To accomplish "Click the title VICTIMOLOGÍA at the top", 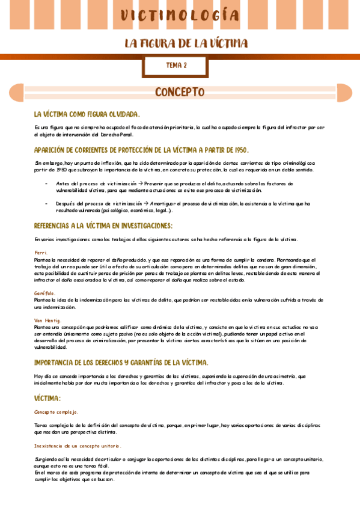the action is click(x=180, y=15).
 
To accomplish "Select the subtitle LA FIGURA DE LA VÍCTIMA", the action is click(x=186, y=43).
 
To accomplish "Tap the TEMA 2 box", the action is click(x=176, y=65).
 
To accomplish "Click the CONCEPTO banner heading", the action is click(x=180, y=92).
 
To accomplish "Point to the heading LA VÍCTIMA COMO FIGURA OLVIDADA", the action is click(x=87, y=114).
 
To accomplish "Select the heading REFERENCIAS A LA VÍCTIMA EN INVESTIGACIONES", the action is click(x=103, y=226).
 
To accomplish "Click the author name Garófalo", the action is click(x=45, y=293).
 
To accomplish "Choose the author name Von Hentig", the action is click(x=48, y=320).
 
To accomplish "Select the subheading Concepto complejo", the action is click(x=56, y=412).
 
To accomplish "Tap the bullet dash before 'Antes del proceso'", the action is click(x=46, y=183).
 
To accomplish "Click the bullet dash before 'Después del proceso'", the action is click(x=46, y=203).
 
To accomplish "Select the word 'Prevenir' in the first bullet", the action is click(x=154, y=183).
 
